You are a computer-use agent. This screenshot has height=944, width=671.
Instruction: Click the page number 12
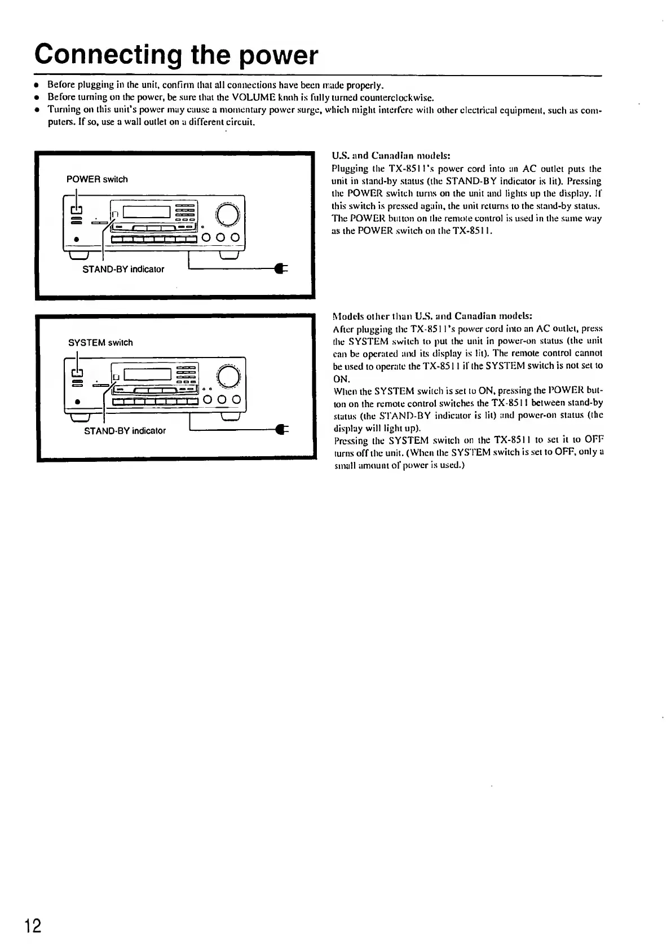(x=32, y=926)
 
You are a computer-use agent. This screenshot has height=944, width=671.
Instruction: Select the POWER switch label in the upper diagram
(x=97, y=179)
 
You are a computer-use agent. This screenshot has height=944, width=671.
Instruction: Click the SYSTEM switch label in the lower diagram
(x=100, y=343)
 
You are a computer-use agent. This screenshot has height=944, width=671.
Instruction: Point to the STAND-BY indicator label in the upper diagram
(x=123, y=270)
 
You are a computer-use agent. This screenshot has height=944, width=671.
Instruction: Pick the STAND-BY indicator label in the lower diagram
(x=125, y=431)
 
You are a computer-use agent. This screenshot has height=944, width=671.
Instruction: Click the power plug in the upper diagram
(x=279, y=269)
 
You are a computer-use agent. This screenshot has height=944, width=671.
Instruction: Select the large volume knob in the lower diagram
(x=227, y=376)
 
